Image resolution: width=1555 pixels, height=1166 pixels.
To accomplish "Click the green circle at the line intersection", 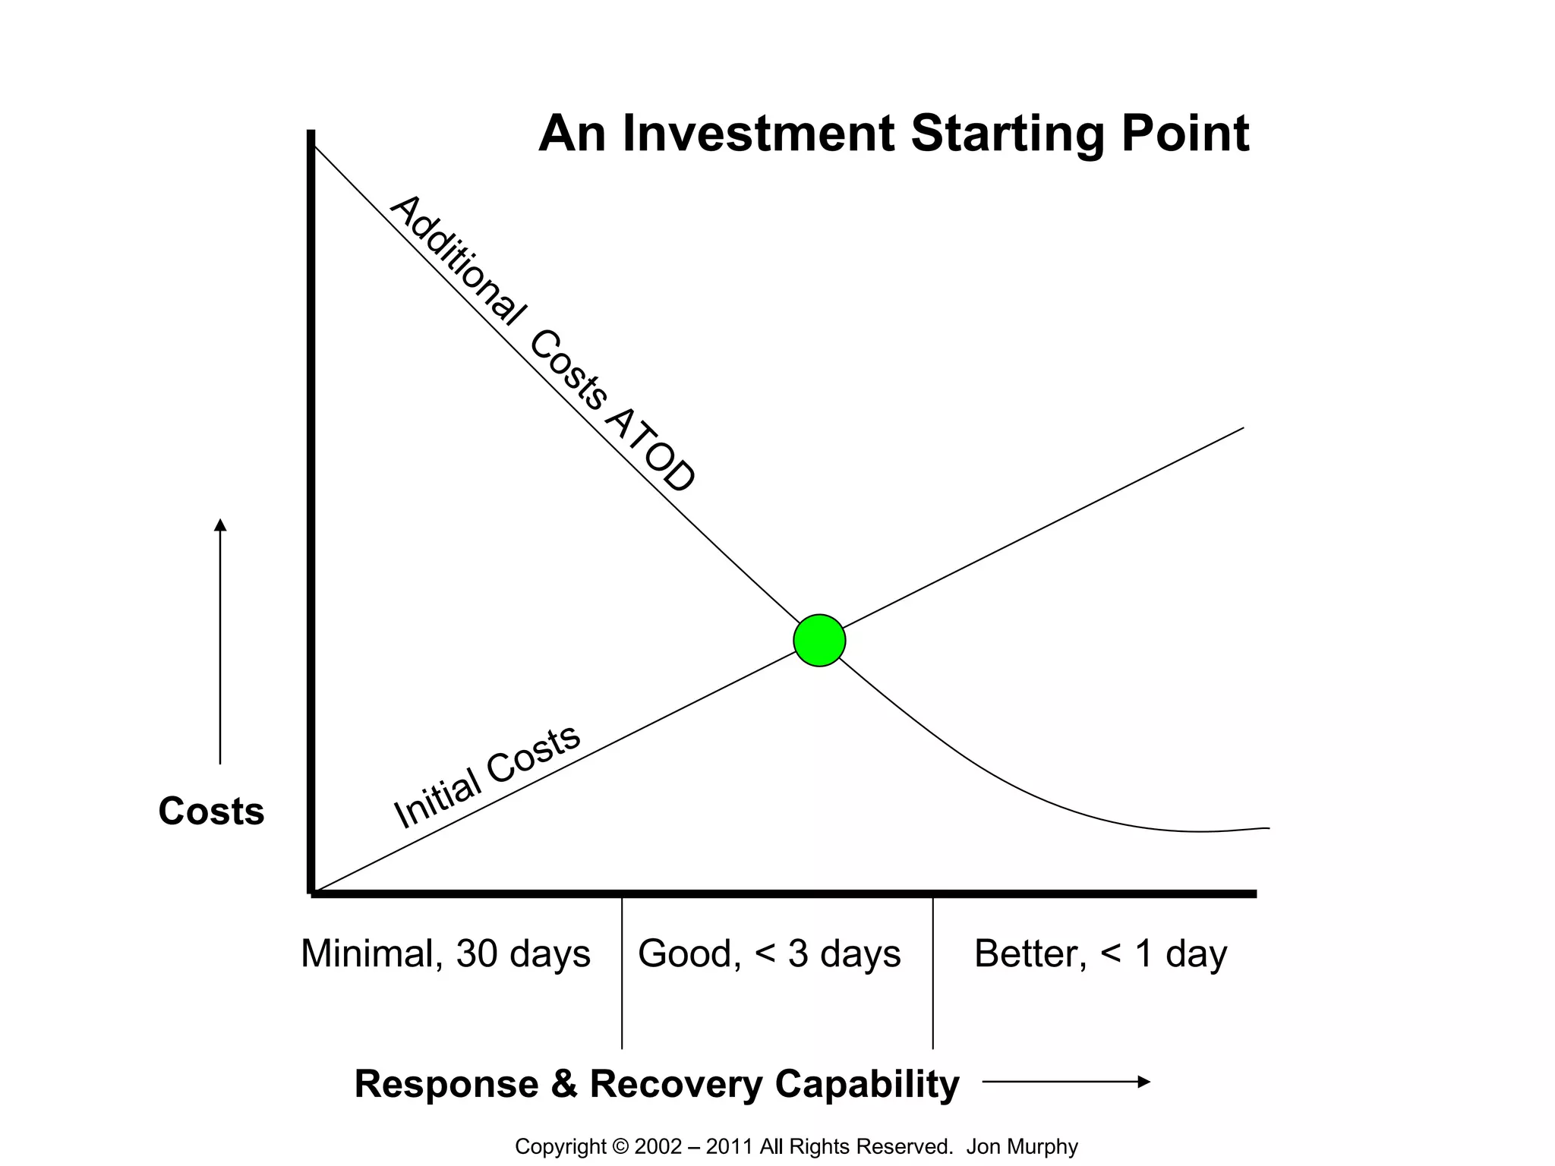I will pos(819,641).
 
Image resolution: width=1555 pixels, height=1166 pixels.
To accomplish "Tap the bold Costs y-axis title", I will pos(211,811).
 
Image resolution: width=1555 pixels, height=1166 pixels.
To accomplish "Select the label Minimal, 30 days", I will pos(446,953).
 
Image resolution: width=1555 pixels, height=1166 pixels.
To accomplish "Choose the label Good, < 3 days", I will pos(769,953).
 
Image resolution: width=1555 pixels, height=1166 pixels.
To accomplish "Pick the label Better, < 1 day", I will pos(1100,953).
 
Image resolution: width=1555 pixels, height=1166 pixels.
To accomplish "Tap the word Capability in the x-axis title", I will pos(867,1083).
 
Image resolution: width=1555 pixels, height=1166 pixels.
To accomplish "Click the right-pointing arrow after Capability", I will pos(1067,1082).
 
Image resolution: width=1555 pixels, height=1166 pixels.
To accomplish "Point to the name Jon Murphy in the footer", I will pos(1021,1146).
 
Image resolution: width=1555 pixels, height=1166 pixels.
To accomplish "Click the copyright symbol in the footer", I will pos(620,1146).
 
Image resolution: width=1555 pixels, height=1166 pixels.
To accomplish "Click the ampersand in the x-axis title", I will pos(564,1083).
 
